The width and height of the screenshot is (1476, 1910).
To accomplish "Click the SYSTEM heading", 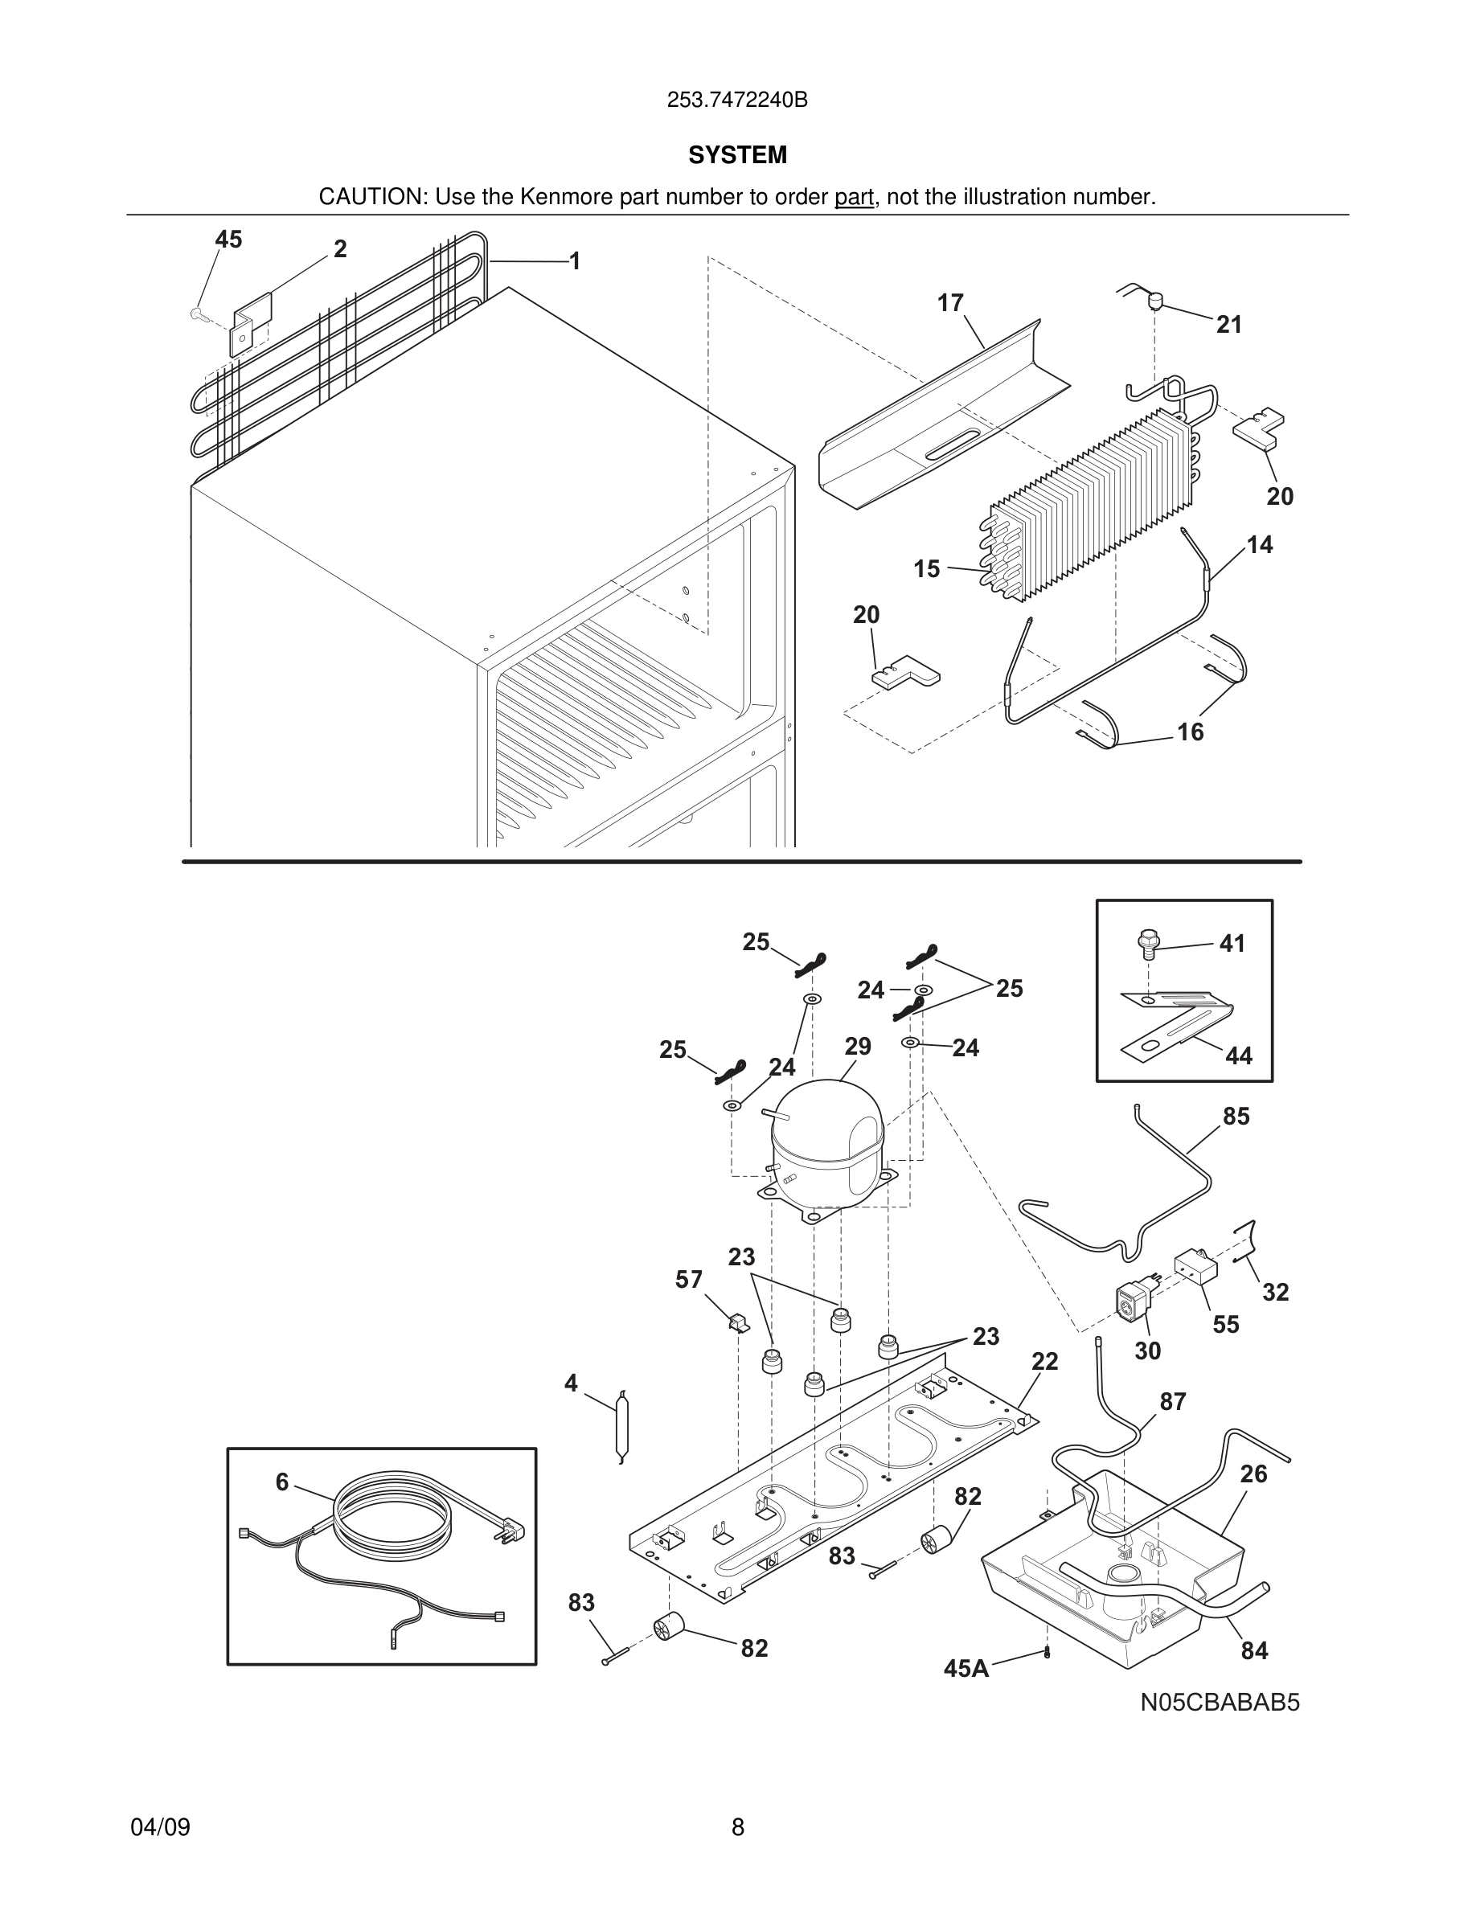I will pyautogui.click(x=737, y=155).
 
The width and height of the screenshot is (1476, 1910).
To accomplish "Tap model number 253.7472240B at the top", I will pyautogui.click(x=737, y=100).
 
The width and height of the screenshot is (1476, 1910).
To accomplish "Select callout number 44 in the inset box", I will pyautogui.click(x=1238, y=1055).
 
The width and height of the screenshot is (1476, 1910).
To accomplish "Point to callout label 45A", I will pyautogui.click(x=966, y=1669).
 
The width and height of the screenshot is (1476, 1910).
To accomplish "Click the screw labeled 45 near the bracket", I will pyautogui.click(x=197, y=312).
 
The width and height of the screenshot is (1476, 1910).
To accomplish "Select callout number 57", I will pyautogui.click(x=688, y=1280).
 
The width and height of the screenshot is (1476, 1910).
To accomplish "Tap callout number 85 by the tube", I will pyautogui.click(x=1236, y=1116).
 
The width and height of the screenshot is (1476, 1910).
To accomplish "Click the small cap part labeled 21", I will pyautogui.click(x=1154, y=302).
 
